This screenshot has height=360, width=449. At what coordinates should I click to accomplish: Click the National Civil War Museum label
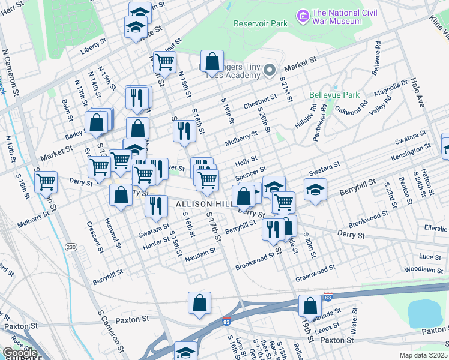pyautogui.click(x=336, y=17)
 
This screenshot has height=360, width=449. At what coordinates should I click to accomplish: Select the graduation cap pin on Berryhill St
pyautogui.click(x=315, y=190)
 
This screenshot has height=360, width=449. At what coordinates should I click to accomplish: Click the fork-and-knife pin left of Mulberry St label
pyautogui.click(x=184, y=131)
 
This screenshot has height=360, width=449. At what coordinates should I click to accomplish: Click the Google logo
pyautogui.click(x=20, y=353)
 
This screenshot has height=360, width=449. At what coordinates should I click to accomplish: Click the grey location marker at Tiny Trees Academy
pyautogui.click(x=270, y=69)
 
